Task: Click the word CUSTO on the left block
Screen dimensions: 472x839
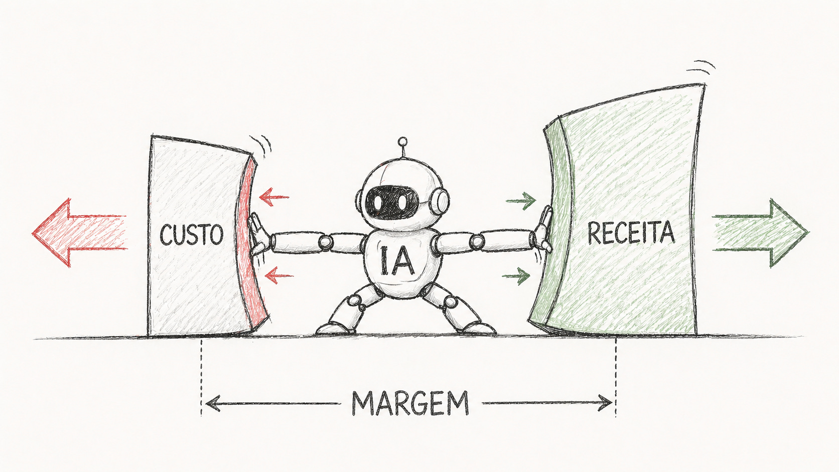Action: pos(191,235)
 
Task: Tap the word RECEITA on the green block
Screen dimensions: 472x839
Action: pos(631,233)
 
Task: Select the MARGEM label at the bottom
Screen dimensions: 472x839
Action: pos(410,403)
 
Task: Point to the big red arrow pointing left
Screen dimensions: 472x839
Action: pos(75,232)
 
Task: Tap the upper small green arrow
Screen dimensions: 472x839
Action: pos(521,201)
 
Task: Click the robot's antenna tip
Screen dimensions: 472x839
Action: pos(401,142)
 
